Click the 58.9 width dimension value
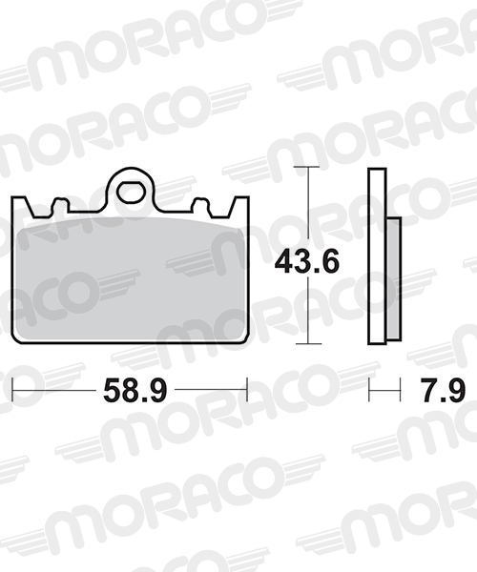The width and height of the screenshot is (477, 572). tap(135, 390)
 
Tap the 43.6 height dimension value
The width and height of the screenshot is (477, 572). tap(307, 262)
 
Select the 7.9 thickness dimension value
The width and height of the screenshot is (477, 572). tap(443, 390)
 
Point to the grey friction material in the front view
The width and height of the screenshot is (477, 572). tap(131, 279)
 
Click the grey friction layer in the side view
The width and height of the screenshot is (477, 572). tap(394, 279)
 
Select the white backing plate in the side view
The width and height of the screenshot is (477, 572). tap(377, 256)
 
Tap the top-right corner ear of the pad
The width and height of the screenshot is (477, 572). tap(239, 207)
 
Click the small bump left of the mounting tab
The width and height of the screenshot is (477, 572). tap(59, 205)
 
